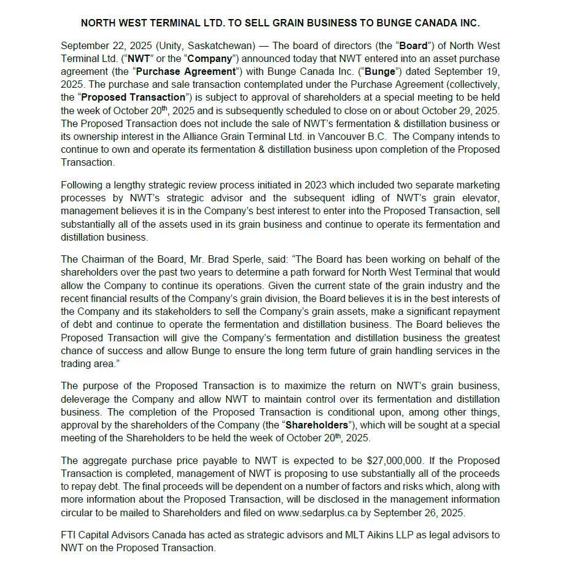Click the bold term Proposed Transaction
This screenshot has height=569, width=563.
[x=133, y=97]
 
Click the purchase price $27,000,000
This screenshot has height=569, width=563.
[x=394, y=460]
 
